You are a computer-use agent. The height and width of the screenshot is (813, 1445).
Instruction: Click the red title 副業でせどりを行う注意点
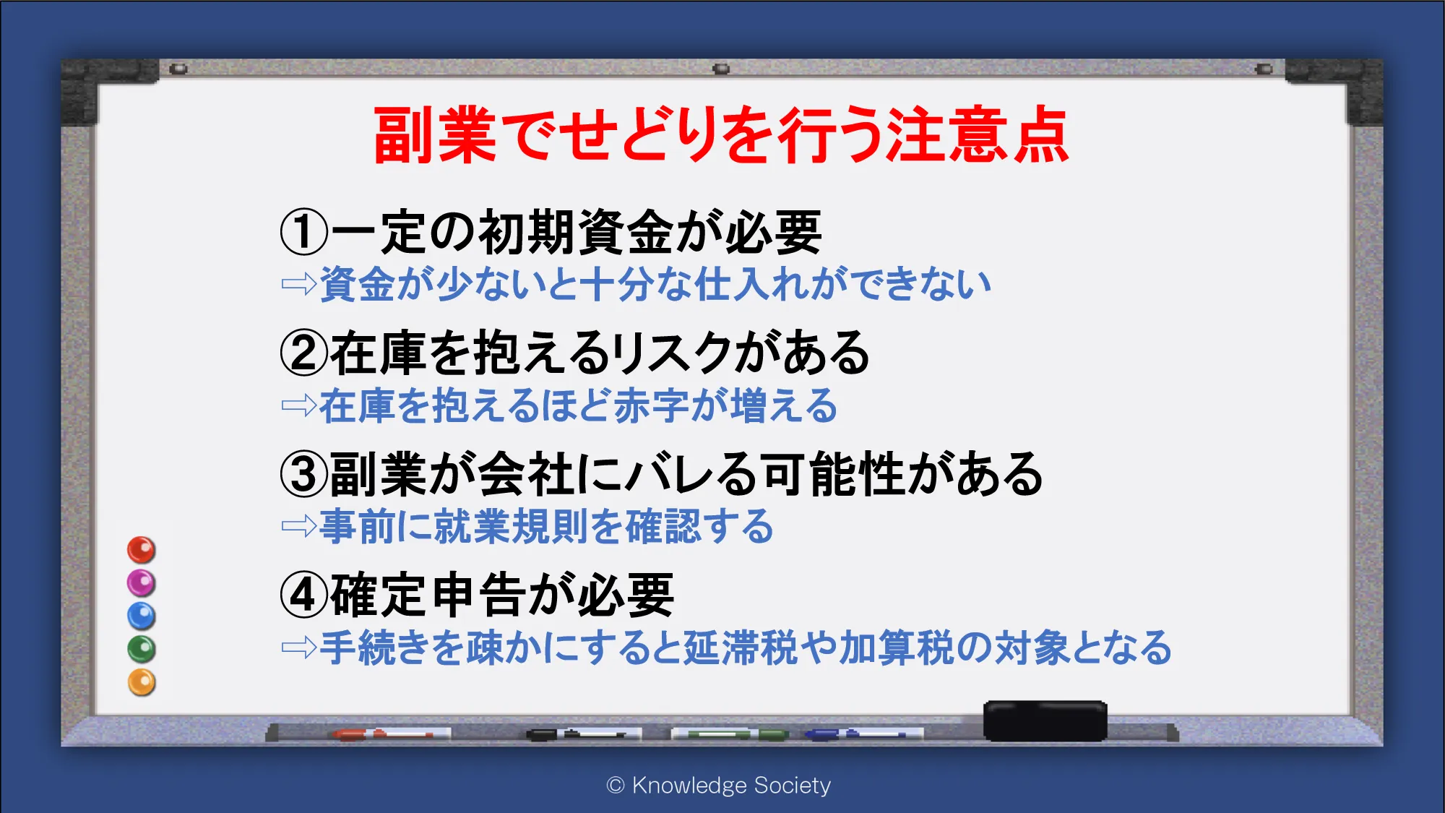pyautogui.click(x=721, y=135)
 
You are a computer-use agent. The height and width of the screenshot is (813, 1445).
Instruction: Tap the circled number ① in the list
pyautogui.click(x=304, y=232)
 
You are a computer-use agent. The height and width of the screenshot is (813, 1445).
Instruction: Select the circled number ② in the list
pyautogui.click(x=304, y=353)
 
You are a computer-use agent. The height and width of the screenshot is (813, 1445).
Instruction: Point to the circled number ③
pyautogui.click(x=304, y=474)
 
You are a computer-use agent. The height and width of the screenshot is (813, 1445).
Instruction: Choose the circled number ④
pyautogui.click(x=304, y=595)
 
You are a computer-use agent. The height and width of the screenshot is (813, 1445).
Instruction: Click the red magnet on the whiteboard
pyautogui.click(x=142, y=550)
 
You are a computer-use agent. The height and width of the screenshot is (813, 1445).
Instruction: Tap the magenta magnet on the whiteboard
pyautogui.click(x=142, y=583)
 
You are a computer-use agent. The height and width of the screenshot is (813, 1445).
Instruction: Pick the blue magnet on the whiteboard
pyautogui.click(x=142, y=616)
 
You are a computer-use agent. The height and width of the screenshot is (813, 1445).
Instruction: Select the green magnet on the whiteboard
pyautogui.click(x=142, y=649)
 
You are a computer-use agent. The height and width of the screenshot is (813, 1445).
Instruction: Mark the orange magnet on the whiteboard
pyautogui.click(x=142, y=682)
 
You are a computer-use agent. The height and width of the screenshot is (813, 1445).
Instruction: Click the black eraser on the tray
pyautogui.click(x=1045, y=720)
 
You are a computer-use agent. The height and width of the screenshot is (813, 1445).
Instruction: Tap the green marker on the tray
pyautogui.click(x=730, y=734)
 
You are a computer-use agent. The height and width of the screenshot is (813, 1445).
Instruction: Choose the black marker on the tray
pyautogui.click(x=583, y=734)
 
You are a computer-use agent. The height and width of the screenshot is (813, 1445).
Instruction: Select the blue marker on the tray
pyautogui.click(x=863, y=734)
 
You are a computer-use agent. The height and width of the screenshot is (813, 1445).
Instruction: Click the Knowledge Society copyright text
pyautogui.click(x=719, y=785)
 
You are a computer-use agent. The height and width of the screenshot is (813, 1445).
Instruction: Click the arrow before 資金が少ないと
pyautogui.click(x=299, y=284)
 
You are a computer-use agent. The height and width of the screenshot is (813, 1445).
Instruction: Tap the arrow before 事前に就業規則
pyautogui.click(x=299, y=526)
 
